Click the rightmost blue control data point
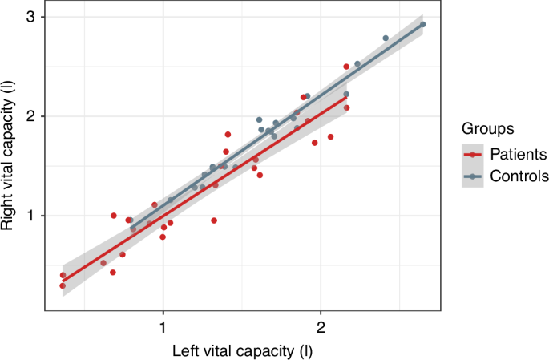422,25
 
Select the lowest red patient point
63,285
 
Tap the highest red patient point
346,67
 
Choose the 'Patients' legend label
519,153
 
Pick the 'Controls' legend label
519,176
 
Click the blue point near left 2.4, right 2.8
386,38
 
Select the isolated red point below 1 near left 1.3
214,220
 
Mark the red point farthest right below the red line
330,137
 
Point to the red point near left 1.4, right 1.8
228,135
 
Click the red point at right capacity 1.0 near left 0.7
114,216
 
